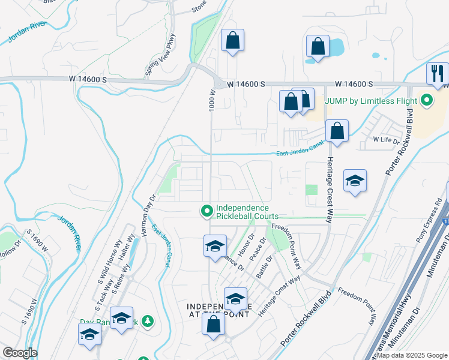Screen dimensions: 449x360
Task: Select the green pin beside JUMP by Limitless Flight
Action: tap(427, 100)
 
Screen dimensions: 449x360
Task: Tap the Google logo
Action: tap(19, 353)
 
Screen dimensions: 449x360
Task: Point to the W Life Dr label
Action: tap(386, 140)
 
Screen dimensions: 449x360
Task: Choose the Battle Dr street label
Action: tap(265, 265)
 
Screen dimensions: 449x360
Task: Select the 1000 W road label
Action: tap(212, 100)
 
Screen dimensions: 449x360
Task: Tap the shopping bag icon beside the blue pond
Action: tap(318, 47)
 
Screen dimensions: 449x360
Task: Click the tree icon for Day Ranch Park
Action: tap(146, 322)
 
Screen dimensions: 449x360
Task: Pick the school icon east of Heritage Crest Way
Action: tap(355, 180)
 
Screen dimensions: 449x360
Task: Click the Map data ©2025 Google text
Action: tap(412, 355)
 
